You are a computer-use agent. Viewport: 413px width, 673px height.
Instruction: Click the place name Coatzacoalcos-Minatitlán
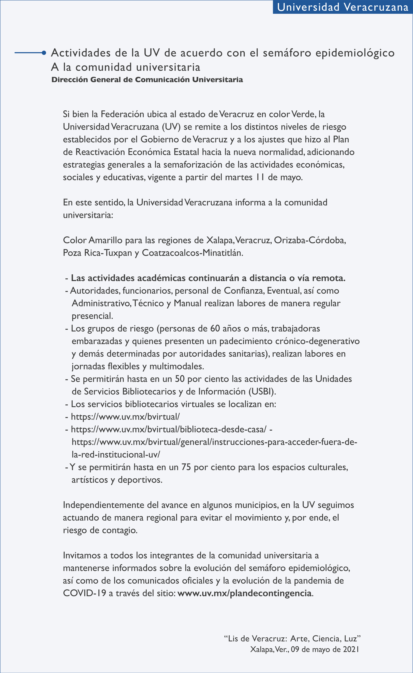(192, 253)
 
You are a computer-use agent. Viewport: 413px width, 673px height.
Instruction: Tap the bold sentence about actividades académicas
(208, 278)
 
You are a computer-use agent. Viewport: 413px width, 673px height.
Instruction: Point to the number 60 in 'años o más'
(215, 328)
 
